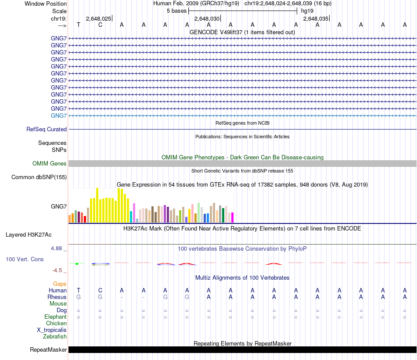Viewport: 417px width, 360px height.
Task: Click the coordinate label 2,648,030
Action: coord(207,19)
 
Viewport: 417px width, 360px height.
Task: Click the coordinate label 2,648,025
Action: coord(98,19)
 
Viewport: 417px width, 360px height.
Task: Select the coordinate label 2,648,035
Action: coord(315,19)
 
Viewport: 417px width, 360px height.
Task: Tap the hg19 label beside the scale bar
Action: coord(307,11)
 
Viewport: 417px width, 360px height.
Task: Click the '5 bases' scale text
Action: coord(176,11)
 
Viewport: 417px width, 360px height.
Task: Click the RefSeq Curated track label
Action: coord(47,130)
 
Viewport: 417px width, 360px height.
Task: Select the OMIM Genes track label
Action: coord(50,164)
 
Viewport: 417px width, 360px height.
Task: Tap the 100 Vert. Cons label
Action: coord(25,259)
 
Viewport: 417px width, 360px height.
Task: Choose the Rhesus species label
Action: coord(57,297)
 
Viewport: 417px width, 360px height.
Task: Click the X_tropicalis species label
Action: coord(52,330)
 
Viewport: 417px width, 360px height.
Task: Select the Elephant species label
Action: coord(55,317)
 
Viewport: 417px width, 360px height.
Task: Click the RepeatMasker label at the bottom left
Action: coord(48,350)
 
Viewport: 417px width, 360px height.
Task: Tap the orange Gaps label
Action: coord(60,284)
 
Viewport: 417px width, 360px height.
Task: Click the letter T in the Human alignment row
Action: coord(79,290)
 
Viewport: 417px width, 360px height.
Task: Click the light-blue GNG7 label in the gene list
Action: coord(59,115)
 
